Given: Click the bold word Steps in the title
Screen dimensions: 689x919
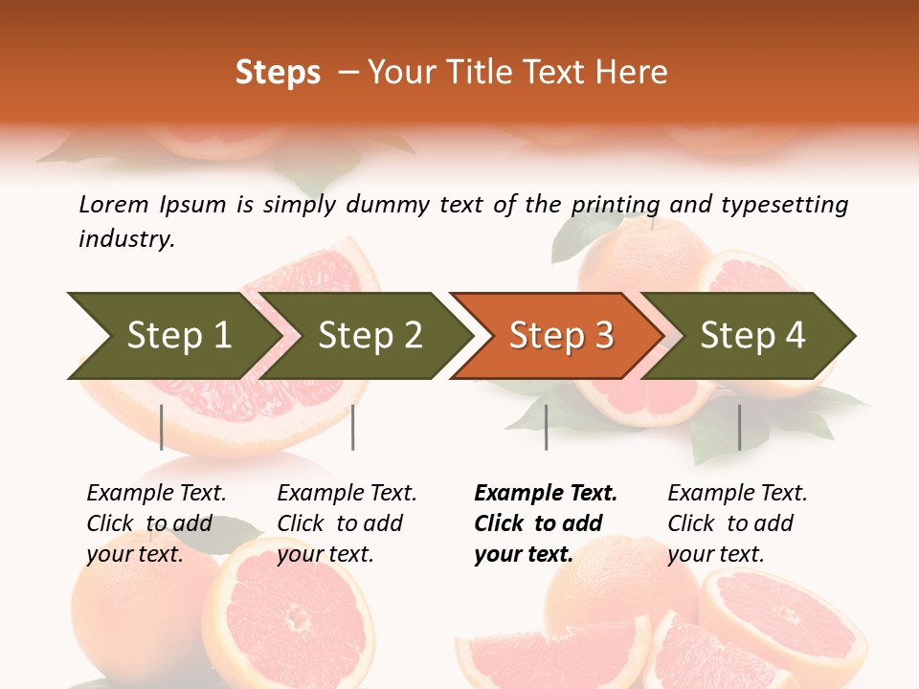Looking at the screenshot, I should pyautogui.click(x=278, y=73).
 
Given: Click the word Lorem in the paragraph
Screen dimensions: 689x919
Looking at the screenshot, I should pyautogui.click(x=114, y=204).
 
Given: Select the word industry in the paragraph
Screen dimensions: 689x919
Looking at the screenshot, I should pyautogui.click(x=126, y=239).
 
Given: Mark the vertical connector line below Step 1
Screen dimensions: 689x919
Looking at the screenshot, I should pyautogui.click(x=162, y=427).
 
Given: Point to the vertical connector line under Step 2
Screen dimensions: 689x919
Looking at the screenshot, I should pyautogui.click(x=353, y=427).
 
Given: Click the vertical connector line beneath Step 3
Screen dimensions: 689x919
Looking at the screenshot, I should pyautogui.click(x=546, y=427).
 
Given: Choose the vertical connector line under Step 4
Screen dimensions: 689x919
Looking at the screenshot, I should pyautogui.click(x=739, y=427).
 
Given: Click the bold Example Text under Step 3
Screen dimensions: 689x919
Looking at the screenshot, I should pyautogui.click(x=546, y=493).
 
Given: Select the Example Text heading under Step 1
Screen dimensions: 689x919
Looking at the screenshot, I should pyautogui.click(x=156, y=493).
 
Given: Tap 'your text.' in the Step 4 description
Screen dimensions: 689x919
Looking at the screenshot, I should pyautogui.click(x=716, y=554).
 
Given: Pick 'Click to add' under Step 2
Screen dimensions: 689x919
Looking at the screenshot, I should pyautogui.click(x=340, y=523).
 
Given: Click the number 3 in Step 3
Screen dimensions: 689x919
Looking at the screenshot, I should pyautogui.click(x=602, y=336).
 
